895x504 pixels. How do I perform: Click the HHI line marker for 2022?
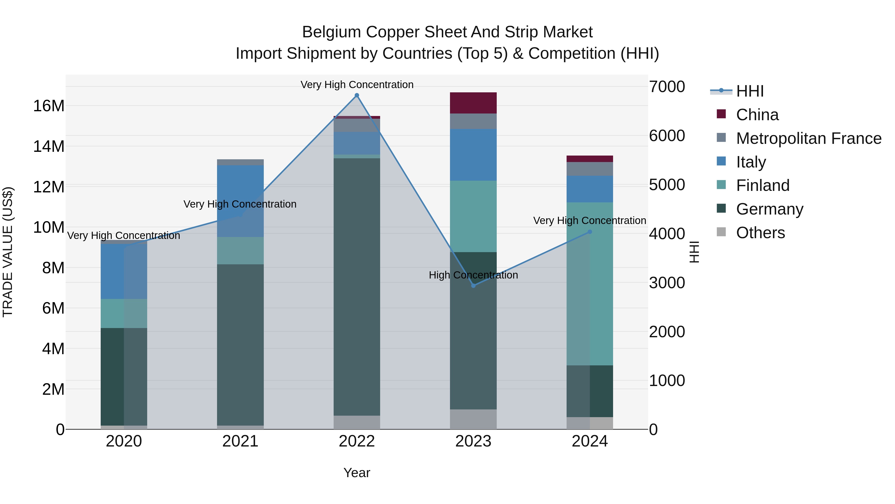click(x=357, y=95)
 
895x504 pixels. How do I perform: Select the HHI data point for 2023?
click(x=473, y=285)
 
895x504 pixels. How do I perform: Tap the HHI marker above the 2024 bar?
click(x=590, y=232)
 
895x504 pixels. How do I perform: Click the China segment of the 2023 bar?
click(x=473, y=103)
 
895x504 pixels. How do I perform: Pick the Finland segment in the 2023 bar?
click(x=473, y=216)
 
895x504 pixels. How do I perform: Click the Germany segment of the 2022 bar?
click(x=357, y=287)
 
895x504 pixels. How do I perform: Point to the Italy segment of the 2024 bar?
click(x=590, y=189)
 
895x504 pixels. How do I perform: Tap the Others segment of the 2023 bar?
click(x=473, y=419)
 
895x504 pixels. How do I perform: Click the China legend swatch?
click(x=721, y=114)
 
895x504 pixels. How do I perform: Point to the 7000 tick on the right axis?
click(x=667, y=87)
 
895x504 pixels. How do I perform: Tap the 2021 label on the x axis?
click(x=240, y=441)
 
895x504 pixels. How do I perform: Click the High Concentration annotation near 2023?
click(x=473, y=275)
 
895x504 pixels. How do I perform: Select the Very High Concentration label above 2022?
click(x=357, y=85)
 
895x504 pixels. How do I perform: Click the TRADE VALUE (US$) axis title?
click(x=8, y=252)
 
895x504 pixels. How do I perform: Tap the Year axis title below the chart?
click(x=357, y=473)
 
